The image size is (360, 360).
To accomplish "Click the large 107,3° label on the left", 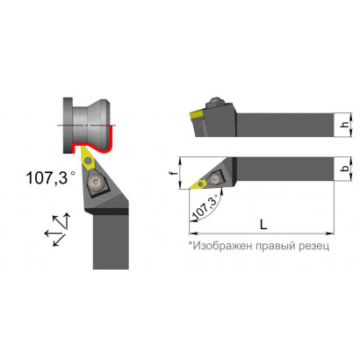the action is pyautogui.click(x=50, y=177).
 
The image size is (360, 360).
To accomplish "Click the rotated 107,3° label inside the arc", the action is pyautogui.click(x=206, y=208).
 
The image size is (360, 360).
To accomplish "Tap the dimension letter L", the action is pyautogui.click(x=263, y=224).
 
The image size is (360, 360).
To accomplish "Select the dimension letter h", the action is pyautogui.click(x=346, y=125).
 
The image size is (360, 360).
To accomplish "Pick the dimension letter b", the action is pyautogui.click(x=346, y=169).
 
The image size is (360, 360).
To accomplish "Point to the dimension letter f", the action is pyautogui.click(x=175, y=173).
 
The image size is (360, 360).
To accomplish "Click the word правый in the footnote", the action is pyautogui.click(x=277, y=246).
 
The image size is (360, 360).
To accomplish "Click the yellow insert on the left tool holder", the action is pyautogui.click(x=88, y=160).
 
